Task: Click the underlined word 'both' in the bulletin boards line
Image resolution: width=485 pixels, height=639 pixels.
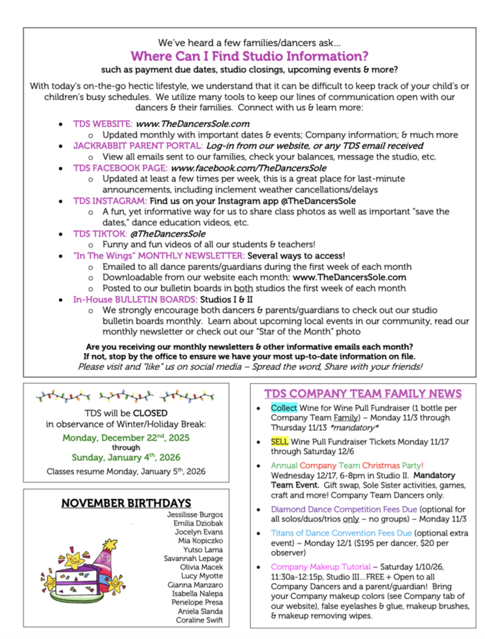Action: pyautogui.click(x=243, y=288)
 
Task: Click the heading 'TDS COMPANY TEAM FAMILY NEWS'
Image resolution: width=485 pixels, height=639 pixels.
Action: pyautogui.click(x=363, y=394)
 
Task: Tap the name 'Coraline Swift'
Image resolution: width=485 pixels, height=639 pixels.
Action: pyautogui.click(x=199, y=620)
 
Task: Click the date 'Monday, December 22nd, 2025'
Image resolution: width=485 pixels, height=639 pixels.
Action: pyautogui.click(x=126, y=437)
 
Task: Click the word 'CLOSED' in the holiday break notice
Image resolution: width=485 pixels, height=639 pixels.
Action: pyautogui.click(x=150, y=413)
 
